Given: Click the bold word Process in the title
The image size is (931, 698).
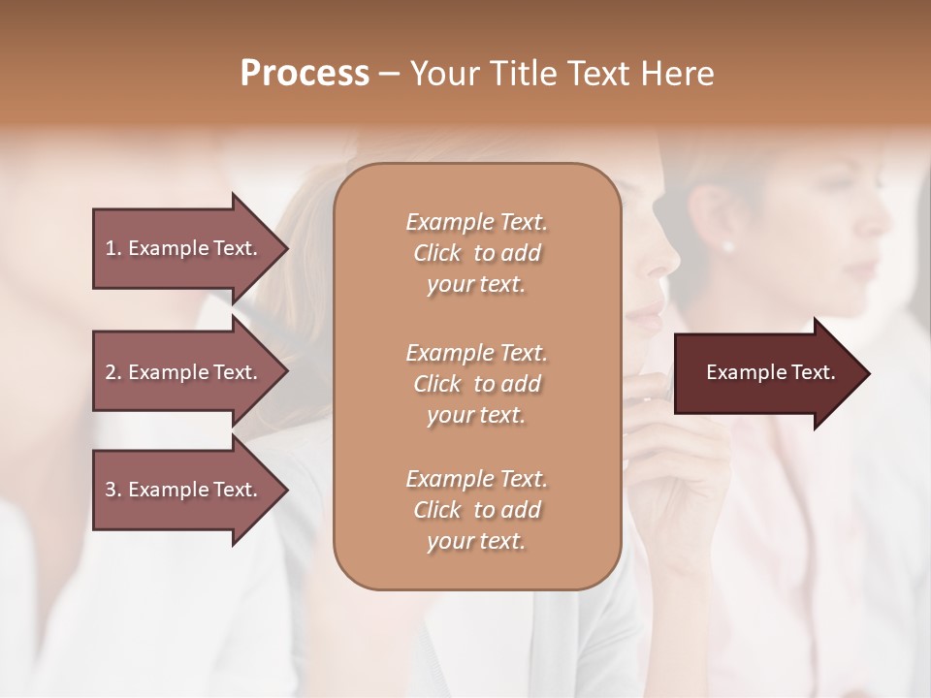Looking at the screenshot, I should (x=305, y=74).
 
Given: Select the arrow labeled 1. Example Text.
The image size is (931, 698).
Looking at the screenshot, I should (x=184, y=248).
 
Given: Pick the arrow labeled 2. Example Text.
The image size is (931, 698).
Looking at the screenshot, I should (x=184, y=372).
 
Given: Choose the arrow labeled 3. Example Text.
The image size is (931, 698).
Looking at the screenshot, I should (x=184, y=490).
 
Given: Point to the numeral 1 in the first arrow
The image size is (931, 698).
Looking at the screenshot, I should (x=111, y=248).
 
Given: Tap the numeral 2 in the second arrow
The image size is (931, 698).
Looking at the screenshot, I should (x=111, y=372).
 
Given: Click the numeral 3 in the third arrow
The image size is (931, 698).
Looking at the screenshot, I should (x=111, y=490).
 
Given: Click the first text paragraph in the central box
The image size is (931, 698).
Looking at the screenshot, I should (x=476, y=253).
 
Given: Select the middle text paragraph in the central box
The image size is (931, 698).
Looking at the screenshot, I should (x=476, y=383).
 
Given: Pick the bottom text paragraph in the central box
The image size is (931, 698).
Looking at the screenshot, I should (x=476, y=510).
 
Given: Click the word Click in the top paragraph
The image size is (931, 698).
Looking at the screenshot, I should (x=437, y=254).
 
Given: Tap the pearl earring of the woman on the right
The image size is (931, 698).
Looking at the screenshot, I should (x=727, y=246).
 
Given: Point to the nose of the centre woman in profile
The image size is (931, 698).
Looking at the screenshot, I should (x=668, y=260).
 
